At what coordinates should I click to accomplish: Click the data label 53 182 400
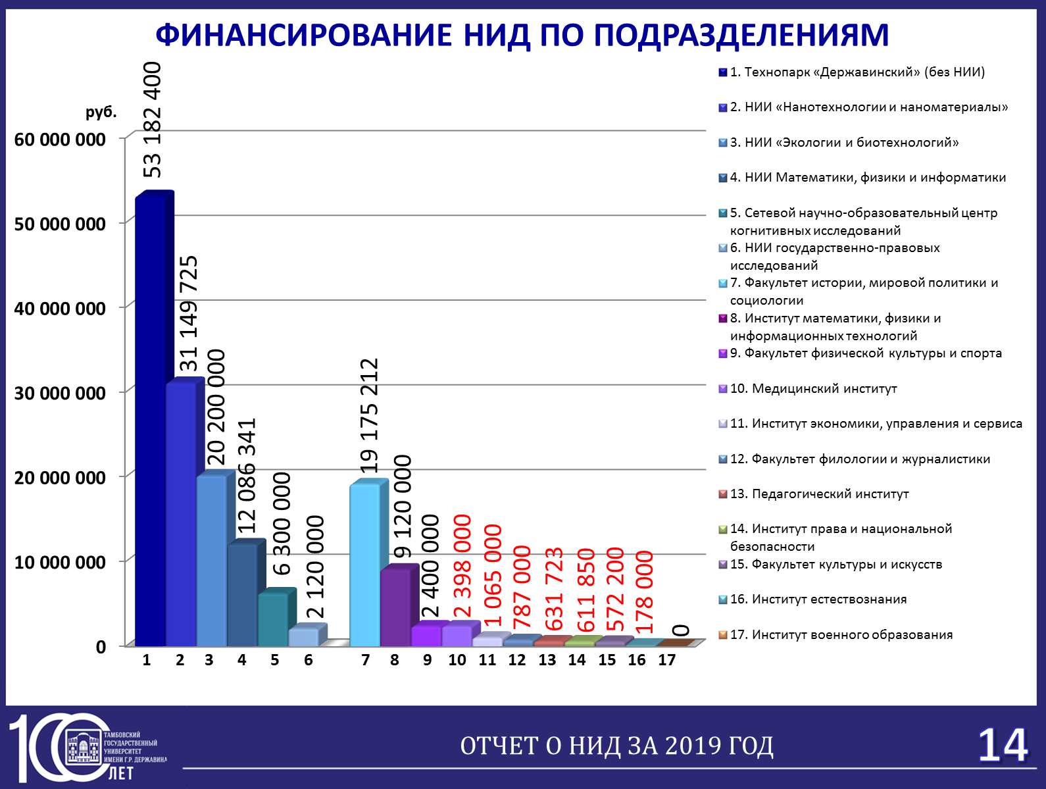[x=153, y=120]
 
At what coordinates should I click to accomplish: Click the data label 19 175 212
[x=369, y=415]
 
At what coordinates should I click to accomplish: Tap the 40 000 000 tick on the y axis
[x=60, y=309]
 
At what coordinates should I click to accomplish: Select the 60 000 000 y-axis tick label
[x=60, y=140]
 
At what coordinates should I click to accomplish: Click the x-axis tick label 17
[x=666, y=660]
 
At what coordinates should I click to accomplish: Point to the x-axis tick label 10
[x=457, y=660]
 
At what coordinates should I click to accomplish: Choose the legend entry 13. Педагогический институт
[x=814, y=494]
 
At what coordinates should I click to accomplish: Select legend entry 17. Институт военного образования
[x=836, y=634]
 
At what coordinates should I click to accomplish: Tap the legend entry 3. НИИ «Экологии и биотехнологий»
[x=839, y=142]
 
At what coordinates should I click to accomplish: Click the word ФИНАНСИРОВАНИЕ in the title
[x=304, y=35]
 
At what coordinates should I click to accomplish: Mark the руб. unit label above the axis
[x=101, y=113]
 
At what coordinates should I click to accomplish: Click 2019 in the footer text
[x=693, y=746]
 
